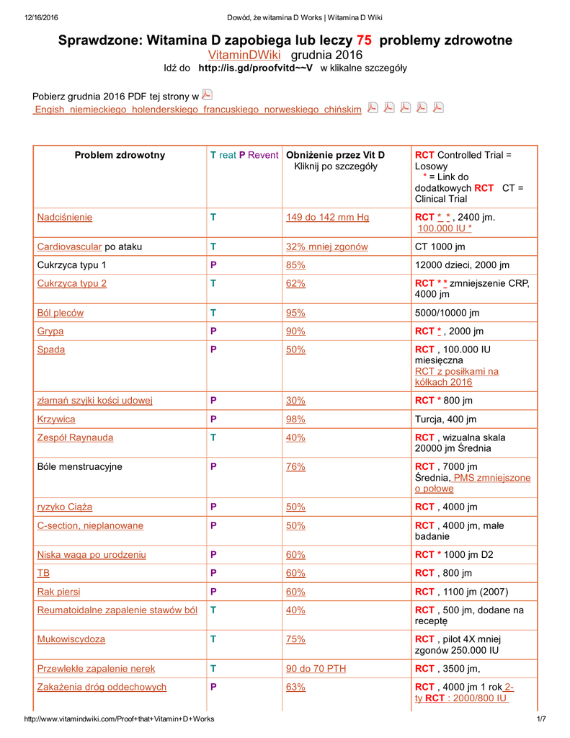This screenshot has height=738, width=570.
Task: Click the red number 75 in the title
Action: (x=364, y=40)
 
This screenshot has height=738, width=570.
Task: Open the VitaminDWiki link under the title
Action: (x=244, y=55)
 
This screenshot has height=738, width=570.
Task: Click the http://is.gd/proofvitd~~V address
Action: (x=256, y=68)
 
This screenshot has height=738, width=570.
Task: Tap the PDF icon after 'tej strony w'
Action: (x=207, y=94)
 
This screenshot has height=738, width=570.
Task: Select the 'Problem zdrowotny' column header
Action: (x=120, y=155)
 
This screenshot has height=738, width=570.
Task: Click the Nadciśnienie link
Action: (x=65, y=217)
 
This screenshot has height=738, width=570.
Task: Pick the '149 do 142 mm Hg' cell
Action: (x=327, y=217)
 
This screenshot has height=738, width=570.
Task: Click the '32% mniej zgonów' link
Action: (x=327, y=246)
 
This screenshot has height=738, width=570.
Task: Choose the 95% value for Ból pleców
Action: (x=295, y=313)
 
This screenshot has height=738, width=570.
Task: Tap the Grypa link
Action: (x=50, y=331)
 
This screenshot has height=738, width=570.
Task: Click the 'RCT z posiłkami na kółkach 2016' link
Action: (x=456, y=377)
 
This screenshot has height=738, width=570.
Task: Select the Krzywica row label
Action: (x=56, y=419)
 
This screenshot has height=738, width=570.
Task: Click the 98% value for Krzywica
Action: (x=295, y=419)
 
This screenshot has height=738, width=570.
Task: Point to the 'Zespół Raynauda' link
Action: (x=75, y=437)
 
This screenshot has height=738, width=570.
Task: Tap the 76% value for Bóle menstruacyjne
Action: (x=295, y=466)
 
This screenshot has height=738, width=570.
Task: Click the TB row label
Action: (x=43, y=573)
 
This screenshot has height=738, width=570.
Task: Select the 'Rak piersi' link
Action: (x=59, y=592)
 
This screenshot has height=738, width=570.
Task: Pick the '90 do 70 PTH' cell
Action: (x=316, y=668)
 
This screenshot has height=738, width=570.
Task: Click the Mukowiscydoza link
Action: (x=71, y=639)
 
